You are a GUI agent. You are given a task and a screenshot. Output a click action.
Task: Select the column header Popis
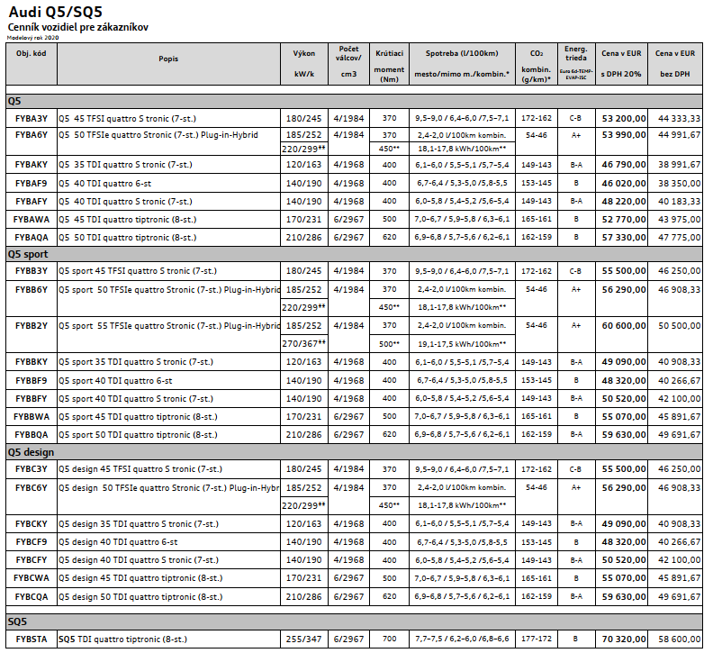pyautogui.click(x=167, y=59)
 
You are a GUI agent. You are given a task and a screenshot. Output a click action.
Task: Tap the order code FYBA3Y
pyautogui.click(x=32, y=118)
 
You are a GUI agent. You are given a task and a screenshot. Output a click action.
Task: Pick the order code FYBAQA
pyautogui.click(x=32, y=238)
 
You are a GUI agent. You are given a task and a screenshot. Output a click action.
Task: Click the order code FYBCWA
pyautogui.click(x=32, y=577)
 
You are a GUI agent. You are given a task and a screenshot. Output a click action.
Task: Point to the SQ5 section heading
pyautogui.click(x=18, y=621)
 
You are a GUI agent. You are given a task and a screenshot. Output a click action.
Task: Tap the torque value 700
pyautogui.click(x=389, y=639)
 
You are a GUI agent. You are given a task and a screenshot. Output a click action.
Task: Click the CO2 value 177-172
pyautogui.click(x=536, y=639)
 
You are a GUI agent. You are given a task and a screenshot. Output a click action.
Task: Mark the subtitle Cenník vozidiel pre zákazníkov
pyautogui.click(x=77, y=28)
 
